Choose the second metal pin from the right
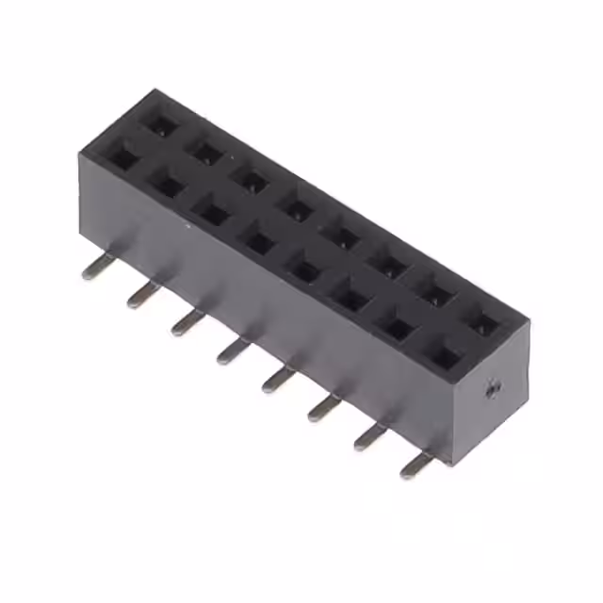pyautogui.click(x=369, y=436)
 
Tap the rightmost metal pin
pyautogui.click(x=416, y=464)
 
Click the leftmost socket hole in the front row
pyautogui.click(x=123, y=155)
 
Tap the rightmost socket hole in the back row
pyautogui.click(x=483, y=324)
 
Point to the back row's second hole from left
pyautogui.click(x=203, y=149)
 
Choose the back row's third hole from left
pyautogui.click(x=250, y=178)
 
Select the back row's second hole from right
pyautogui.click(x=436, y=295)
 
